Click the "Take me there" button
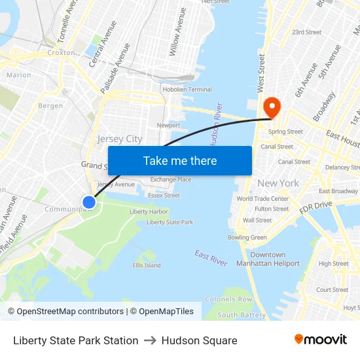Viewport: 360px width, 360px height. [x=179, y=160]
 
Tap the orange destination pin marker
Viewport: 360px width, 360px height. [x=270, y=107]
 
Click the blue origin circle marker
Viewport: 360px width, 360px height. [x=89, y=202]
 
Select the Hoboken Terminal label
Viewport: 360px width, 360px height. [x=187, y=90]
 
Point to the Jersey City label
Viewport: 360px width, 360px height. [x=119, y=139]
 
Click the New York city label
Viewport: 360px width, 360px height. [x=278, y=183]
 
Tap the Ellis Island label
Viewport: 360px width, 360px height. [x=147, y=265]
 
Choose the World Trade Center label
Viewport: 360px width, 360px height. [x=262, y=199]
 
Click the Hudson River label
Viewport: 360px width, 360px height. [x=217, y=124]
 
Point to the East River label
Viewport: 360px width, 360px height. [x=211, y=258]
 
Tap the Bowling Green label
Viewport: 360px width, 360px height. [x=247, y=238]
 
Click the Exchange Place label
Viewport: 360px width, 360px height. [x=171, y=179]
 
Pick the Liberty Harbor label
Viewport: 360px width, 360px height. [x=149, y=211]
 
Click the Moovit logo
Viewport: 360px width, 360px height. [x=321, y=340]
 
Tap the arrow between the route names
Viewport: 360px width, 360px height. [x=150, y=340]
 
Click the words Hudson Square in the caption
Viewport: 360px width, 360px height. [x=199, y=340]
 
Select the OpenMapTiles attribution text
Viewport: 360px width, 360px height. [x=162, y=312]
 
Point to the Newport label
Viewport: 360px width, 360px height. [x=168, y=125]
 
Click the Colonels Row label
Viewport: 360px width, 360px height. [x=228, y=299]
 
